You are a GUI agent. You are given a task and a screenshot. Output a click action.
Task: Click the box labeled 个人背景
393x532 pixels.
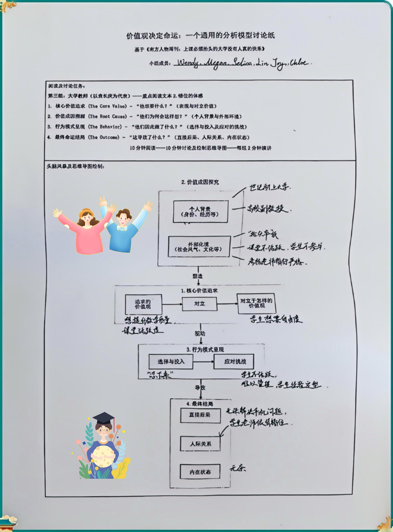(x=200, y=211)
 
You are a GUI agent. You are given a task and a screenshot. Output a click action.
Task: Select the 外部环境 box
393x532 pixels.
(x=199, y=247)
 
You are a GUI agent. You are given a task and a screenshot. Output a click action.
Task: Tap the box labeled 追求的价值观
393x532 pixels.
(x=143, y=304)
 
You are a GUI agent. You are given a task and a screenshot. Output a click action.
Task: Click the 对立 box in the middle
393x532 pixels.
(x=199, y=304)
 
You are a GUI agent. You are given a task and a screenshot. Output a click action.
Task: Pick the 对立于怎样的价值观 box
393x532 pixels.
(x=256, y=303)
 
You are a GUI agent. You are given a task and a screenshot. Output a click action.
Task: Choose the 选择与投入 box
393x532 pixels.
(x=171, y=361)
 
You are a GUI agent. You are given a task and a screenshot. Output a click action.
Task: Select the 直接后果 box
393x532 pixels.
(x=200, y=415)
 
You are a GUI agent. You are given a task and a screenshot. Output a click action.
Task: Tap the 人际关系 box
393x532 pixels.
(x=200, y=444)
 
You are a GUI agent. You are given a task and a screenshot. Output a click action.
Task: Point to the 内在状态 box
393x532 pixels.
(x=200, y=472)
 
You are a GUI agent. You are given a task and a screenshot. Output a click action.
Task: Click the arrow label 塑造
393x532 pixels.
(x=198, y=276)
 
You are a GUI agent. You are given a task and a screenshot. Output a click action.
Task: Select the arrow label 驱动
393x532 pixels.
(x=200, y=334)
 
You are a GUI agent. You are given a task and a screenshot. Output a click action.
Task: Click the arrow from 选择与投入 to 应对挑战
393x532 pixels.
(x=203, y=361)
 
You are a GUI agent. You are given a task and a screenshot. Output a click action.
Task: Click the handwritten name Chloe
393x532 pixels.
(x=299, y=63)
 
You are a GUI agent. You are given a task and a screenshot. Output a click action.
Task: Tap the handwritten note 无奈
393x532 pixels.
(x=237, y=468)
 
